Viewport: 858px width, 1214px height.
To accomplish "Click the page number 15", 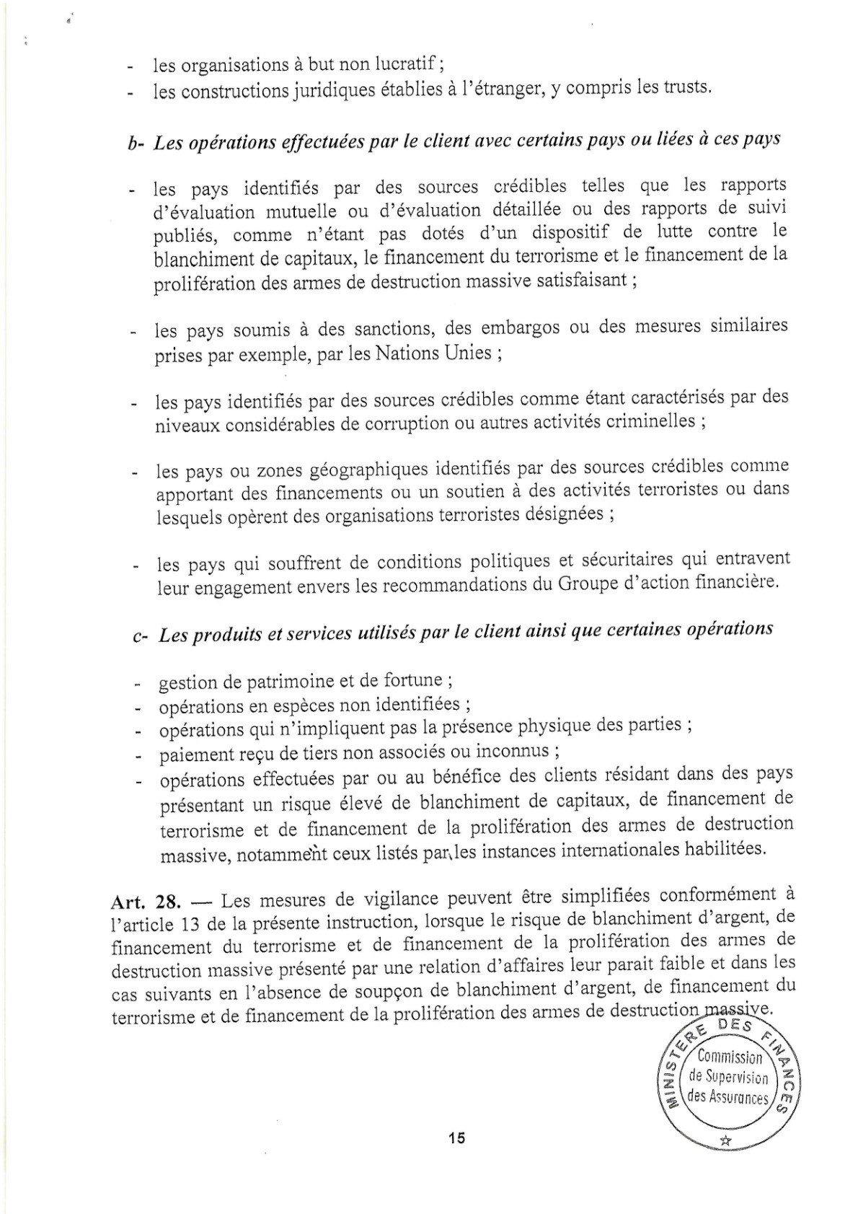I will pos(456,1138).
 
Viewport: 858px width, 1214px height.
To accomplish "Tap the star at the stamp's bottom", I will pos(725,1140).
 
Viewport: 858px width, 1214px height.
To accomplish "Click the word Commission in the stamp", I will pos(730,1058).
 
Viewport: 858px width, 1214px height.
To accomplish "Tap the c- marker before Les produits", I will pos(140,635).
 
